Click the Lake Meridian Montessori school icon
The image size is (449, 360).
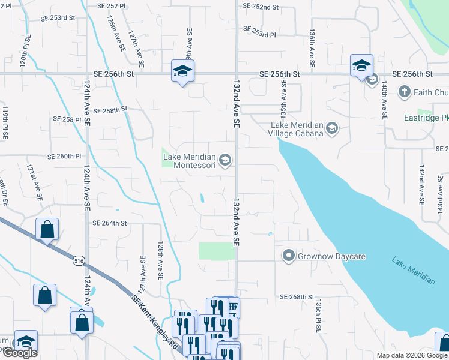pos(225,160)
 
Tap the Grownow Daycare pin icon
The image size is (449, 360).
pos(288,256)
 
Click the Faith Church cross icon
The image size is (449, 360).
pos(405,92)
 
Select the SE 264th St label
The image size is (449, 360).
pos(110,223)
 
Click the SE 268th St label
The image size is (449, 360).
pos(298,297)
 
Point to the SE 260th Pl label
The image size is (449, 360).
pos(64,157)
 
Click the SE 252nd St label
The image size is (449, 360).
pos(261,7)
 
